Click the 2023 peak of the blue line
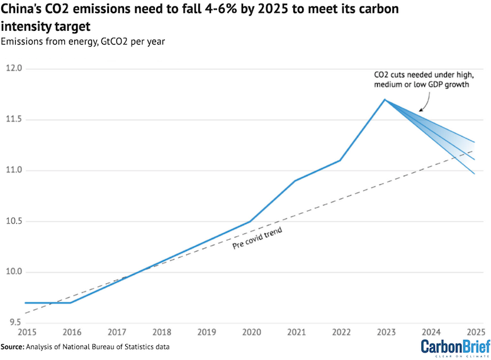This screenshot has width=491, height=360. [x=385, y=99]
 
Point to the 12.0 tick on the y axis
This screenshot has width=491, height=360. [x=14, y=68]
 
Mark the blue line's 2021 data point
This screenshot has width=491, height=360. [x=295, y=181]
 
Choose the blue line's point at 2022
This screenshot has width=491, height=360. [x=340, y=160]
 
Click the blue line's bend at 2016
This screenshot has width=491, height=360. [x=71, y=303]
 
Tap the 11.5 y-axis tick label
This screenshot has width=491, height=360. [x=14, y=119]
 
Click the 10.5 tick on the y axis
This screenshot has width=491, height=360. [x=14, y=221]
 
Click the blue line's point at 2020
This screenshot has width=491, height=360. [x=251, y=222]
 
